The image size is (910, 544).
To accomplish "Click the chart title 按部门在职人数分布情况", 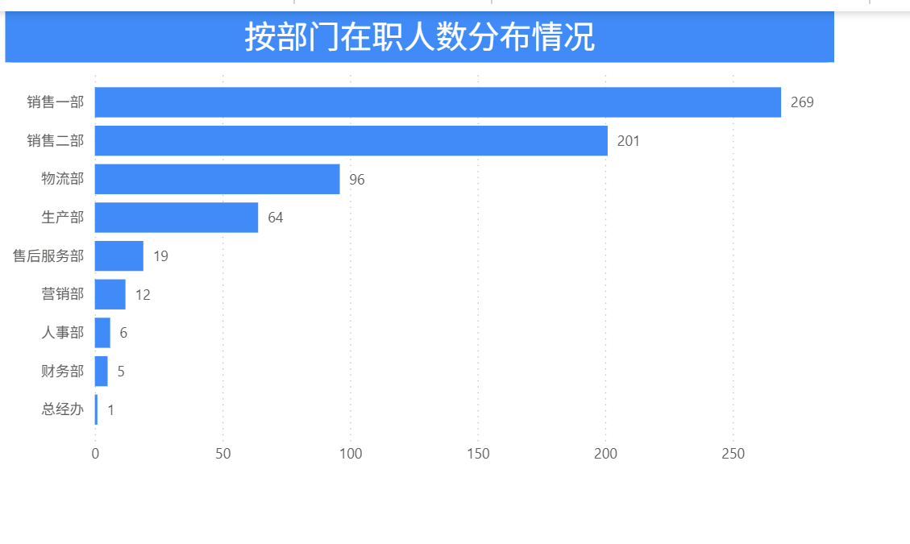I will coord(419,37).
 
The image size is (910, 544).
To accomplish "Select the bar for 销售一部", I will coord(438,102).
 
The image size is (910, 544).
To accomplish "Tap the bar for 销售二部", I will coord(351,141).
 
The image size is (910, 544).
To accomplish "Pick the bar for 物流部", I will coord(217,179).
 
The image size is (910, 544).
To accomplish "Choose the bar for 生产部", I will coord(177,218).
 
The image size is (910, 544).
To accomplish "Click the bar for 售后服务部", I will coord(119,256).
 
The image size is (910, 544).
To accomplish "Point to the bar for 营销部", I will coord(110,294).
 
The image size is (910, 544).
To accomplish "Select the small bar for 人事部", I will coord(102,333).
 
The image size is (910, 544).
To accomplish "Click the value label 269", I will coord(802,102).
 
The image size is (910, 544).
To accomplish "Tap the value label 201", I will coord(628,141).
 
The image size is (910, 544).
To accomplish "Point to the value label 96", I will coord(356,180).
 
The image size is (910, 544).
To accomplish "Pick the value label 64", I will coord(276,218).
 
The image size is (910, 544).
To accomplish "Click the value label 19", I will coord(160,256).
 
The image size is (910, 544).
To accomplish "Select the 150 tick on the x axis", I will coord(478,454).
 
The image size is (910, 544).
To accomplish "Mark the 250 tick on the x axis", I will coord(733,454).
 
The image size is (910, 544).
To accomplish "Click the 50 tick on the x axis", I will coord(223,454).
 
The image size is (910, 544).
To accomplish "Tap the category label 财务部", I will coord(62,372).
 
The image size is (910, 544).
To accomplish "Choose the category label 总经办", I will coord(62,409).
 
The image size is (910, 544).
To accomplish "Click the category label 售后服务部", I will coord(48,256).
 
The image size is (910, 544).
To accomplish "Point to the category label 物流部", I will coord(62,179).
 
